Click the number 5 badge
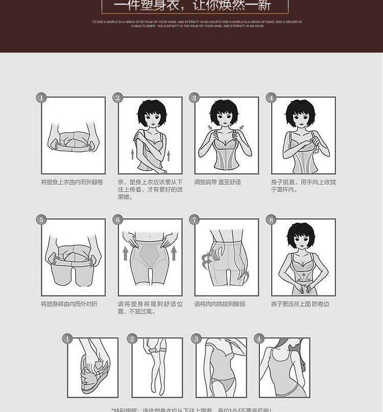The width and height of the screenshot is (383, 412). coord(41,220)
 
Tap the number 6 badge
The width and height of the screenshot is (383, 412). coord(118,220)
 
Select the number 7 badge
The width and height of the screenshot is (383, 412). coord(194,220)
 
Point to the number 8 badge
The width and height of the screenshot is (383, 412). coord(271,220)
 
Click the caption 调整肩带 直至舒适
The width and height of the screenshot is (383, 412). coord(218,182)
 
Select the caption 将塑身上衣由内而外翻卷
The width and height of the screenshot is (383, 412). coord(72,182)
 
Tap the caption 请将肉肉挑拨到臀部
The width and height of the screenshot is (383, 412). coord(220,304)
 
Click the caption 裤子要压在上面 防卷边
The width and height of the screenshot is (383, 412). coord(300,304)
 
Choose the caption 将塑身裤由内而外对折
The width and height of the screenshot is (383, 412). coord(69,304)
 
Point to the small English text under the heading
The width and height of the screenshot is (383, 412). coord(197,24)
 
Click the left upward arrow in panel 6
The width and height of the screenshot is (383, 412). coord(125,253)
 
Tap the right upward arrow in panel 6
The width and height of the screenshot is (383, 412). coord(174,253)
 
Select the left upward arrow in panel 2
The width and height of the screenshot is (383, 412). coord(132,154)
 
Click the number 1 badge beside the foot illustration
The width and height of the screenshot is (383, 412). coord(67,338)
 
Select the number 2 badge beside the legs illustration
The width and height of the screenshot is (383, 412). coord(132,338)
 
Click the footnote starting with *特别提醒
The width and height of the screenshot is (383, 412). coord(192,409)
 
